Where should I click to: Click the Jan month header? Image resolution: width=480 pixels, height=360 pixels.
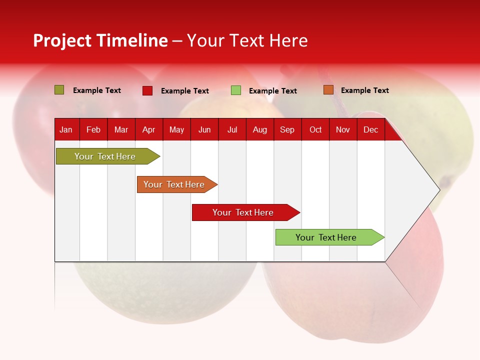pyautogui.click(x=66, y=130)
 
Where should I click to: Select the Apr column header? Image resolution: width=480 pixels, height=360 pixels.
pyautogui.click(x=149, y=130)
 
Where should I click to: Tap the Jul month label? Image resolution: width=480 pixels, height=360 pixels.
pyautogui.click(x=232, y=130)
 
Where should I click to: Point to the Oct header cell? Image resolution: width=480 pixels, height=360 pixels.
pyautogui.click(x=315, y=130)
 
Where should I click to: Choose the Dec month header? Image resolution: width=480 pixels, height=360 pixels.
pyautogui.click(x=370, y=130)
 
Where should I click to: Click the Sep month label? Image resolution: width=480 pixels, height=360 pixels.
pyautogui.click(x=287, y=130)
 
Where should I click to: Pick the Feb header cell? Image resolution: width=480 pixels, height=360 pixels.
pyautogui.click(x=93, y=130)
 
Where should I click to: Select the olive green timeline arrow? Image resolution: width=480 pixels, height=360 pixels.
pyautogui.click(x=108, y=156)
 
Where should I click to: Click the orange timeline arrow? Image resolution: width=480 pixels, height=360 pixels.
pyautogui.click(x=177, y=184)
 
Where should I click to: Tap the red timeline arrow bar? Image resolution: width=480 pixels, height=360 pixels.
pyautogui.click(x=246, y=212)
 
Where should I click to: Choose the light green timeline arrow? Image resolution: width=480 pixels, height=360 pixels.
pyautogui.click(x=330, y=237)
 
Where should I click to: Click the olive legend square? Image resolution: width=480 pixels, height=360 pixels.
pyautogui.click(x=59, y=90)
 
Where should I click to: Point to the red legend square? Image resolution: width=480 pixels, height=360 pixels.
pyautogui.click(x=147, y=90)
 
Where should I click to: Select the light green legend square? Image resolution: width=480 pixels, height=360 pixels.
pyautogui.click(x=235, y=90)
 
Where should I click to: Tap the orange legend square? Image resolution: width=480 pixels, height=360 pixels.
pyautogui.click(x=328, y=90)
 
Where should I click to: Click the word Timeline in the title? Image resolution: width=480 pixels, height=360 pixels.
pyautogui.click(x=132, y=40)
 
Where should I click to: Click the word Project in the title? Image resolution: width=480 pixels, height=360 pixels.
pyautogui.click(x=62, y=41)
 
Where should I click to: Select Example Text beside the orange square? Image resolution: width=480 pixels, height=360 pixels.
pyautogui.click(x=365, y=90)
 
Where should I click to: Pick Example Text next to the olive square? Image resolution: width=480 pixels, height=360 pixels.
pyautogui.click(x=97, y=90)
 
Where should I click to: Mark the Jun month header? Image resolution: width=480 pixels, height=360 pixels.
pyautogui.click(x=204, y=130)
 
